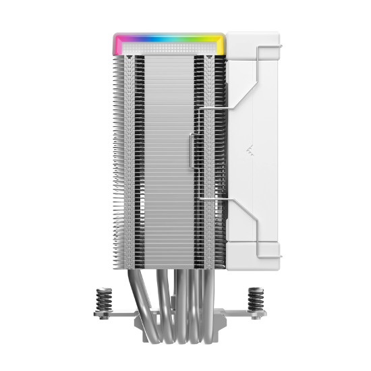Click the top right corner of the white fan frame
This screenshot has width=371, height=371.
(277, 34)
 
